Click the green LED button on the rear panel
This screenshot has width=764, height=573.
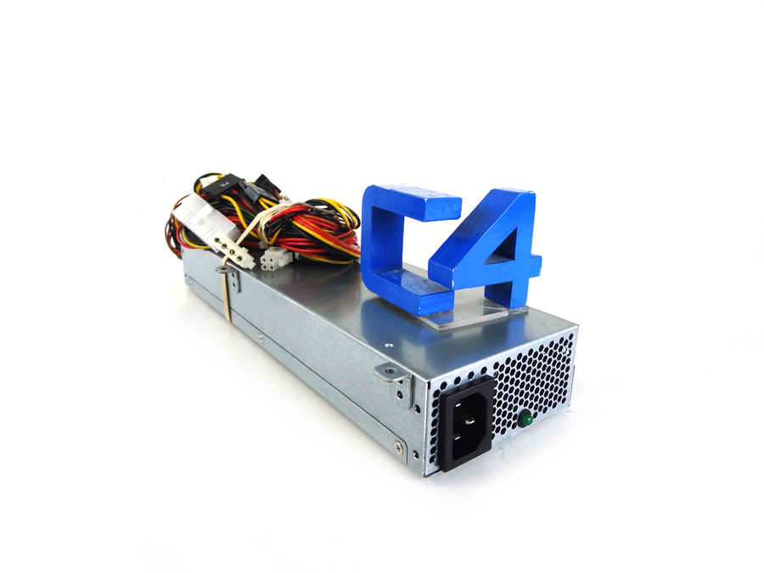525,418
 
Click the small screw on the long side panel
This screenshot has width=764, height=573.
260,339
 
